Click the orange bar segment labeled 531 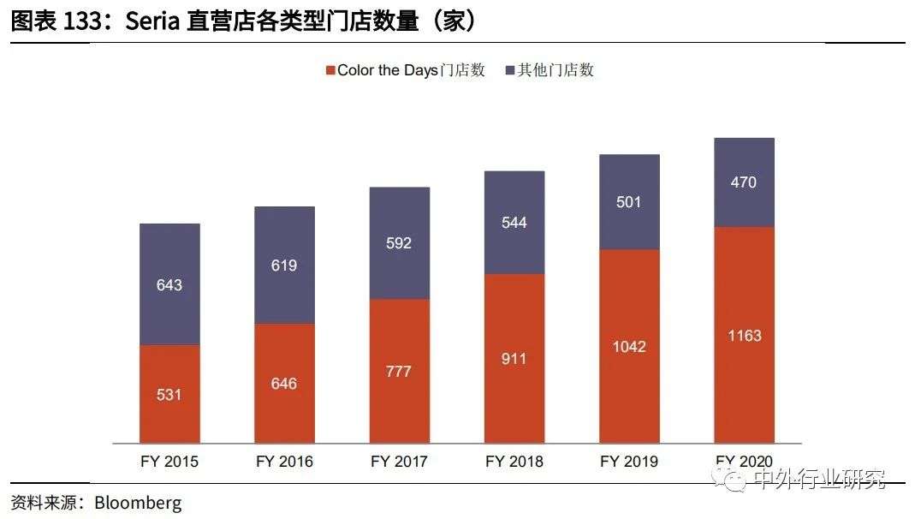pos(169,394)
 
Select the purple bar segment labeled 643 pos(169,284)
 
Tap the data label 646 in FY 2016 pos(284,384)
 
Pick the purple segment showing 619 pos(284,265)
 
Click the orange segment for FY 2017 pos(399,371)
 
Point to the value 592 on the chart pos(399,243)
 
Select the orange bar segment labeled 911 pos(514,358)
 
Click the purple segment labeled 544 pos(514,223)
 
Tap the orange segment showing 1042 pos(629,346)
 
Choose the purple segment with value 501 pos(629,202)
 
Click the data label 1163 pos(744,336)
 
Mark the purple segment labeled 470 pos(744,182)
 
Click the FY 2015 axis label pos(169,462)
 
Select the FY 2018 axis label pos(514,462)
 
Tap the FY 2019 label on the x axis pos(629,462)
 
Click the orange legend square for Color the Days pos(330,70)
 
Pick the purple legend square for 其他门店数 pos(510,70)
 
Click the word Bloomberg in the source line pos(138,503)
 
